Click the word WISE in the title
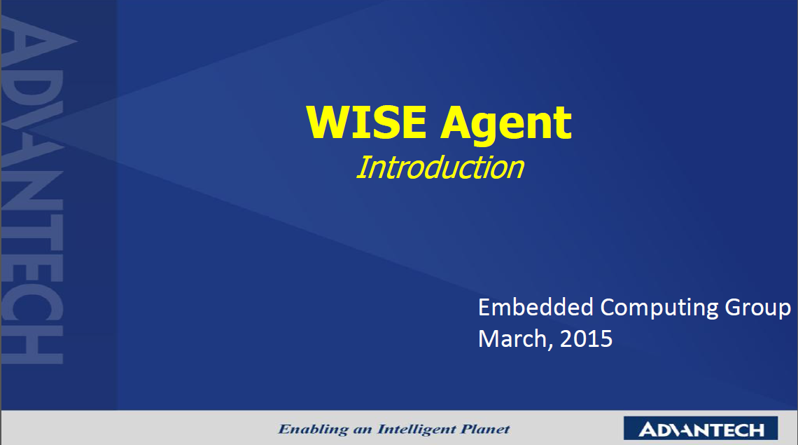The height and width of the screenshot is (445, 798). click(x=366, y=123)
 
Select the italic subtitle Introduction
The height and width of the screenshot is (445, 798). click(x=440, y=167)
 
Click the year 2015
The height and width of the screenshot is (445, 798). click(x=587, y=339)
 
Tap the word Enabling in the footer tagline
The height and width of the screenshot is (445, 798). click(x=313, y=430)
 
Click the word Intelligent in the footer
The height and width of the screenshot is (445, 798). click(x=416, y=430)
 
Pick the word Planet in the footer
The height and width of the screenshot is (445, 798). click(x=486, y=429)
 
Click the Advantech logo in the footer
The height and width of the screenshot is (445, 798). click(x=701, y=428)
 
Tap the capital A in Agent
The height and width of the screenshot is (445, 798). click(x=457, y=123)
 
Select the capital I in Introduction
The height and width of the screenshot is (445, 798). click(x=363, y=167)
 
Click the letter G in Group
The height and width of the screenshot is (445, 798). click(x=734, y=308)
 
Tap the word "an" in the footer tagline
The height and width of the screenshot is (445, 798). click(x=363, y=431)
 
